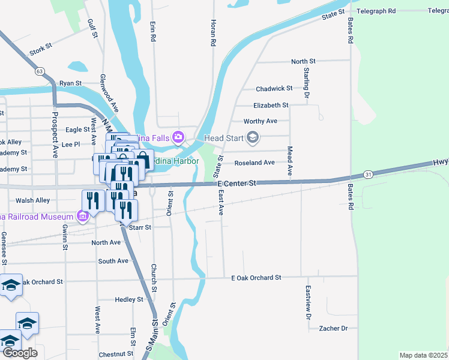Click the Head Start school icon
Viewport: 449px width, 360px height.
coord(253,138)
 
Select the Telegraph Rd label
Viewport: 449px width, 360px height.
coord(376,11)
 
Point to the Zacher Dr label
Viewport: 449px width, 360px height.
coord(334,328)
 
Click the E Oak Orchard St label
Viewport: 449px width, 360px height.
coord(256,277)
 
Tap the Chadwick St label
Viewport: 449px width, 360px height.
coord(274,88)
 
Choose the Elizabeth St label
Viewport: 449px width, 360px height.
coord(271,105)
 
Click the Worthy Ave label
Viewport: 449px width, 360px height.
coord(261,121)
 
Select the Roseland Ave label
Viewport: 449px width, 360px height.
coord(255,163)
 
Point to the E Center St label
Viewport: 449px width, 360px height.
coord(237,182)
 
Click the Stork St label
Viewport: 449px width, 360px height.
coord(41,48)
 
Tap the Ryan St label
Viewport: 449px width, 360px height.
coord(70,83)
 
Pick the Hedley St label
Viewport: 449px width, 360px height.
coord(129,299)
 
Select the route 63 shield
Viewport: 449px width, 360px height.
coord(40,71)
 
